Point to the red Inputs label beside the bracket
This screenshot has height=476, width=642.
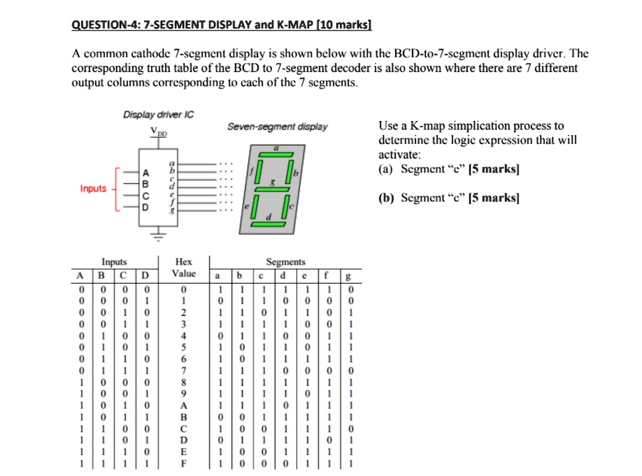point(93,189)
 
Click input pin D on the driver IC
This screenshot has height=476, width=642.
point(145,208)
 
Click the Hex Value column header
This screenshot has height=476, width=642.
point(185,268)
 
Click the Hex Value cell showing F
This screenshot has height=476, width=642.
point(185,462)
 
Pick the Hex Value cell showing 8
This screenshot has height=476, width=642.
point(185,383)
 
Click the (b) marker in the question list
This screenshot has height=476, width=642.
point(385,198)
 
